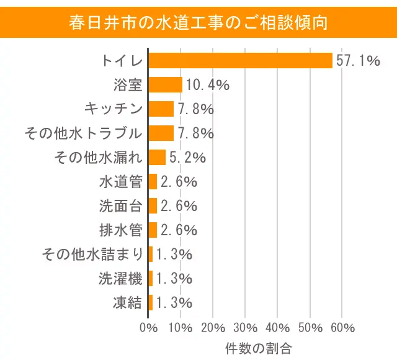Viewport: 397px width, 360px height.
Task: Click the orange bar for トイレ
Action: [x=241, y=60]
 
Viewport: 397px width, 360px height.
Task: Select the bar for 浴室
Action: [x=166, y=84]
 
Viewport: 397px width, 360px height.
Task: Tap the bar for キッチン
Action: [x=161, y=109]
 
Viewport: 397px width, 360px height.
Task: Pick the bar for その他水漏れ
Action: [x=158, y=157]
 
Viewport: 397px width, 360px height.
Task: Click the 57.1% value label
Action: [x=357, y=60]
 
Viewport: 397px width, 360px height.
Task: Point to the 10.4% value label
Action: [x=208, y=84]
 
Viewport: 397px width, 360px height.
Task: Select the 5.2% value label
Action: [x=187, y=157]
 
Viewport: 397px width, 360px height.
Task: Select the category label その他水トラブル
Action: [x=84, y=133]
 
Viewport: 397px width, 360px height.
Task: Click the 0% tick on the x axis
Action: [x=149, y=327]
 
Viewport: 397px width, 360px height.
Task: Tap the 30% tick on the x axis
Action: [x=246, y=327]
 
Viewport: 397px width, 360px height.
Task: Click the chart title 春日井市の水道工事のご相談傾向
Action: [x=198, y=23]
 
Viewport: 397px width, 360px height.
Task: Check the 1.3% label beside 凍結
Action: [x=174, y=302]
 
